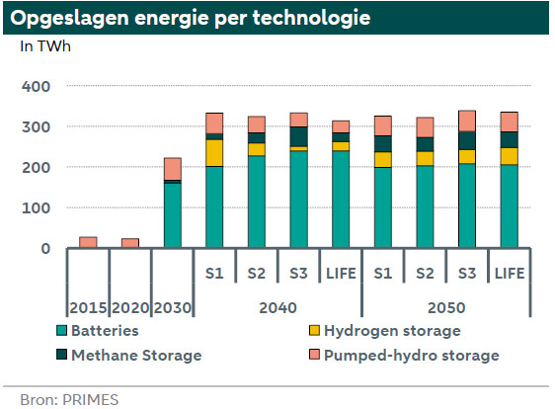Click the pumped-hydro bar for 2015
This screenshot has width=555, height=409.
pos(88,242)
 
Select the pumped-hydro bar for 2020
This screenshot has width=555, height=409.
pos(130,243)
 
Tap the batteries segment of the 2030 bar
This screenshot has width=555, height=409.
pos(173,215)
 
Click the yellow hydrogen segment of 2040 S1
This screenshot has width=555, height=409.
pos(214,153)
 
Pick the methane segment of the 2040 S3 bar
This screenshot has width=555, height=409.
pos(299,136)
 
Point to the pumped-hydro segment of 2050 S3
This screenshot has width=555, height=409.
pos(467,122)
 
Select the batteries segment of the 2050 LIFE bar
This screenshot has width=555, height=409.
pos(510,206)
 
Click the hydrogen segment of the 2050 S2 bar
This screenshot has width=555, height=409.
pos(425,159)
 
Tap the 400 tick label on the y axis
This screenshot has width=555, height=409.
pos(37,86)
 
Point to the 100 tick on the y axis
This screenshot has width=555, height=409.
pos(37,207)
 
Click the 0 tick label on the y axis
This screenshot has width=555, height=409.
pos(45,249)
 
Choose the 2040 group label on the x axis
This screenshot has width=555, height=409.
pos(277,307)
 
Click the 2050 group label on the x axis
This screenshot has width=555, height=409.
pos(446,307)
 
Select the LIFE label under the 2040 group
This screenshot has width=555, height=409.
pos(341,274)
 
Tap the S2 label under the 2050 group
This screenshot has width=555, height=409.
pos(425,274)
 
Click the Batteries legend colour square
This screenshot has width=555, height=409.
pos(61,330)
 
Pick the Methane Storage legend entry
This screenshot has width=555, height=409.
pos(129,356)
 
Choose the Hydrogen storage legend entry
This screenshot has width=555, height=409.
pos(385,331)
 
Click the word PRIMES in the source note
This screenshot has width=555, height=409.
pos(90,400)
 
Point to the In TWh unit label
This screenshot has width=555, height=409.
pos(45,46)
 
